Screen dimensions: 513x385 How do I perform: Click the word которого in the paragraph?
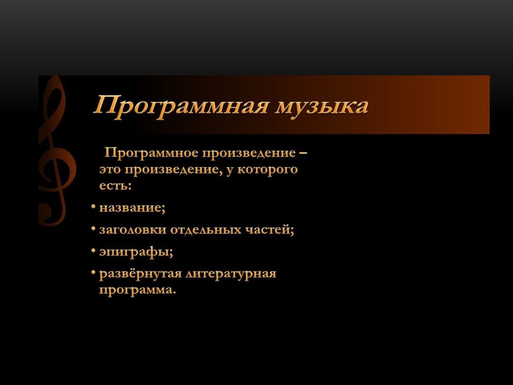[268, 170]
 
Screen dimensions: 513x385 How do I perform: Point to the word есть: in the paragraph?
[115, 186]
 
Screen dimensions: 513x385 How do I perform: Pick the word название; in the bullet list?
[132, 208]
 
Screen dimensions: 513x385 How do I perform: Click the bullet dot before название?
[93, 207]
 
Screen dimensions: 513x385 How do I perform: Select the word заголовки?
[133, 230]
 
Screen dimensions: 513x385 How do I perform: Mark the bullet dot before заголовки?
[93, 229]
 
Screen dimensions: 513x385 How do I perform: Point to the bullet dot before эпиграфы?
[93, 251]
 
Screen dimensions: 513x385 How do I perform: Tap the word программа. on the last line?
[137, 291]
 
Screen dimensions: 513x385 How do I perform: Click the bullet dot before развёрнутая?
[93, 272]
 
